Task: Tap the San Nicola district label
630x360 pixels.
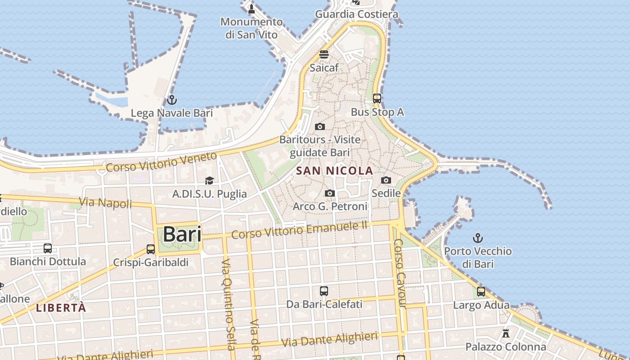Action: tap(335, 171)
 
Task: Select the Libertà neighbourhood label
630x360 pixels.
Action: tap(61, 308)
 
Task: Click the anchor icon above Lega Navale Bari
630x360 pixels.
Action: tap(171, 100)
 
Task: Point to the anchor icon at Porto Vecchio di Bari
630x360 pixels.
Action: tap(478, 238)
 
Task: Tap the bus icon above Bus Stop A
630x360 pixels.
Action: tap(377, 98)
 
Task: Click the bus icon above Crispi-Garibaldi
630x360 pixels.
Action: tap(151, 249)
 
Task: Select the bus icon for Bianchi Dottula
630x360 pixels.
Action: tap(48, 248)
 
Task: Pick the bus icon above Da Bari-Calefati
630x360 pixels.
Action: tap(324, 291)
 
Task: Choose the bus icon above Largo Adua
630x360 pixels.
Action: tap(481, 292)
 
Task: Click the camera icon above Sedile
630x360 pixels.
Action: tap(386, 180)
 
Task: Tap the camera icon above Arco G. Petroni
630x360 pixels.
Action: tap(330, 193)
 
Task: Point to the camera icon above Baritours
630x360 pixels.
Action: tap(320, 127)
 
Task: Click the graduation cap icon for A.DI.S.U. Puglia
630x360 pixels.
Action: tap(209, 181)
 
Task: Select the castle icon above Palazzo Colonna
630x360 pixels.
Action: tap(506, 334)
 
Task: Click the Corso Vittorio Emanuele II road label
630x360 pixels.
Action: tap(300, 231)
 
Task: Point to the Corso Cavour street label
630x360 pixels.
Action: tap(400, 274)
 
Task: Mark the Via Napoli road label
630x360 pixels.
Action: tap(106, 203)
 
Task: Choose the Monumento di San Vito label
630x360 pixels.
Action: tap(252, 28)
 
